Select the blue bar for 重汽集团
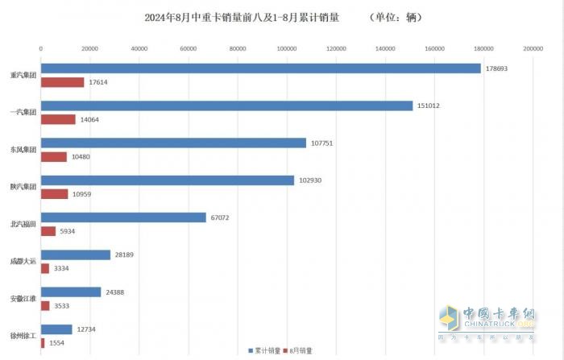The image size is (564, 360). pos(260,68)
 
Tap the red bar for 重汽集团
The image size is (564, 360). pos(62,82)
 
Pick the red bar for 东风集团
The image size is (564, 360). pos(54,156)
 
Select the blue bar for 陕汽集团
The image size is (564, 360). pos(167,180)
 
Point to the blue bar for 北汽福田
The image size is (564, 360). pos(123,217)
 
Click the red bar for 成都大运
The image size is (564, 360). pos(45,268)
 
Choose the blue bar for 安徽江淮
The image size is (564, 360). pos(71,292)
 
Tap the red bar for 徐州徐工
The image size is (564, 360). pos(43,342)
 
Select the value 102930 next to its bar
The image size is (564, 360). pos(311,180)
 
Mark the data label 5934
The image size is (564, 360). pos(68,231)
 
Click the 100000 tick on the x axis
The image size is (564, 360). pos(287,48)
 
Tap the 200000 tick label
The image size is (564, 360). pos(533,48)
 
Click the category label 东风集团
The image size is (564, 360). pos(22,150)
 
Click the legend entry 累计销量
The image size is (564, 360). pos(267,351)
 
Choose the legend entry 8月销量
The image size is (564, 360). pos(305,351)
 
